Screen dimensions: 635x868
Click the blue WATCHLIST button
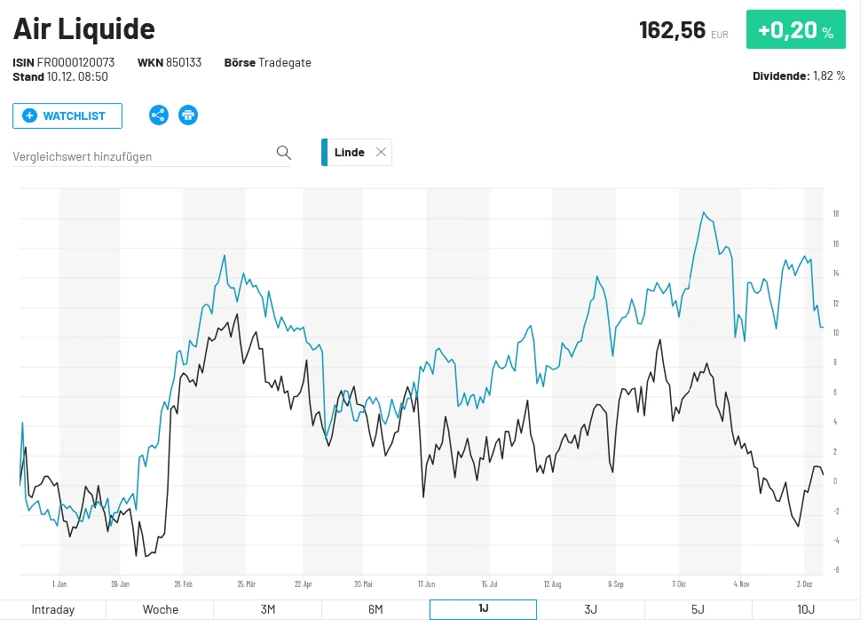[x=67, y=115]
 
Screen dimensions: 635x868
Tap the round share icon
[x=159, y=115]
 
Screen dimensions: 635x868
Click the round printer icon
[x=188, y=115]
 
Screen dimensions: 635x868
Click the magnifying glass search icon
[x=284, y=153]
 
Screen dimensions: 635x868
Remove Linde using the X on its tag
[x=382, y=152]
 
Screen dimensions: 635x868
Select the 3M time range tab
[x=267, y=609]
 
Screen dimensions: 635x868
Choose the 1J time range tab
[x=483, y=609]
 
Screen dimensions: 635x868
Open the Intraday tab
[x=53, y=609]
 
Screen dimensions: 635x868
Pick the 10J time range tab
[x=806, y=609]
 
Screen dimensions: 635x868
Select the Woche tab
[x=161, y=609]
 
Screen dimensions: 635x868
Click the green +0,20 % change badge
[x=795, y=30]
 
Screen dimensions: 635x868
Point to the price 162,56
[x=672, y=30]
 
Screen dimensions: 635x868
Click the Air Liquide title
[x=84, y=28]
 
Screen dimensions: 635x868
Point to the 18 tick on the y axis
[x=836, y=214]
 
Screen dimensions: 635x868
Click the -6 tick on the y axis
[x=836, y=570]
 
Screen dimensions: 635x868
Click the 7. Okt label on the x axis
[x=680, y=584]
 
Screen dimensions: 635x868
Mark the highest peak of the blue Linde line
[x=703, y=212]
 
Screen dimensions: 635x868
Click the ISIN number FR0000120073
[x=75, y=63]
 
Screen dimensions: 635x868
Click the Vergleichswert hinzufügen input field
[x=142, y=156]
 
